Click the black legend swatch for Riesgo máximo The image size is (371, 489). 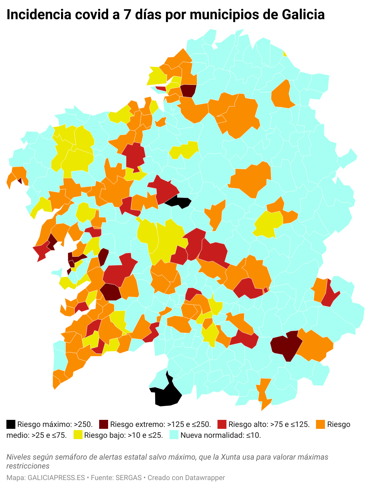click(11, 424)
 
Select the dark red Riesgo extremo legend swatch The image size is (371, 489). click(104, 424)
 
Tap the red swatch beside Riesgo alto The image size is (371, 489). click(222, 424)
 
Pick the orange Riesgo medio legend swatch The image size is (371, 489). click(321, 424)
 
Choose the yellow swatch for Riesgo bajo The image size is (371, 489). click(78, 435)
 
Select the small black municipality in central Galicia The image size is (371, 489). click(179, 202)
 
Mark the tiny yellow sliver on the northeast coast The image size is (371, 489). click(285, 53)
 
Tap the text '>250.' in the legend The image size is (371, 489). click(83, 424)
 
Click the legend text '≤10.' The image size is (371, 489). click(254, 435)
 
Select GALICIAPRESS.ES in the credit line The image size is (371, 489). click(56, 478)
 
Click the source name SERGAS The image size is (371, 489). click(129, 478)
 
